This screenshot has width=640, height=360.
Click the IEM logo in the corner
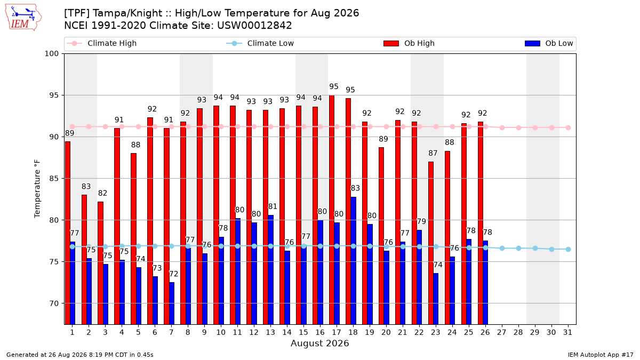[23, 18]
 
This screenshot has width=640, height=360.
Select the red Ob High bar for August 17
[332, 210]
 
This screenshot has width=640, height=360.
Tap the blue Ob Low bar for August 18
[354, 261]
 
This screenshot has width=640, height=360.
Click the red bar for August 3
[101, 263]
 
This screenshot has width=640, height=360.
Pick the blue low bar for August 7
[172, 303]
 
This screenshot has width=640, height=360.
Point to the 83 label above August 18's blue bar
[355, 188]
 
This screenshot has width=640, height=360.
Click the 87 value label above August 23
[433, 153]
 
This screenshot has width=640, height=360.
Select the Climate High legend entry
[102, 43]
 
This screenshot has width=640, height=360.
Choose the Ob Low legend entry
[549, 43]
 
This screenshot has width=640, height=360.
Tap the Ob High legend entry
[409, 43]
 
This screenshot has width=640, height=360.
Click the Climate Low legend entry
[260, 43]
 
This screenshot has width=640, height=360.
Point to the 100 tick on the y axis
[51, 54]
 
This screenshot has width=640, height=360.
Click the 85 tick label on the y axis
[54, 179]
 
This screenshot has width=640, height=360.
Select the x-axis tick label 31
[567, 332]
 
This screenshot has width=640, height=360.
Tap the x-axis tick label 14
[287, 332]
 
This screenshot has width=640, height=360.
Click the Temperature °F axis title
[37, 189]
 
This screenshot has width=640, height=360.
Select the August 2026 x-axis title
[319, 343]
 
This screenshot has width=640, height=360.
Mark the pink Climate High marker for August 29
[535, 127]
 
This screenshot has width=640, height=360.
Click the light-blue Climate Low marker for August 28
[518, 249]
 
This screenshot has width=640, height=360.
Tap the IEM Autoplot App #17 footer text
[601, 355]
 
